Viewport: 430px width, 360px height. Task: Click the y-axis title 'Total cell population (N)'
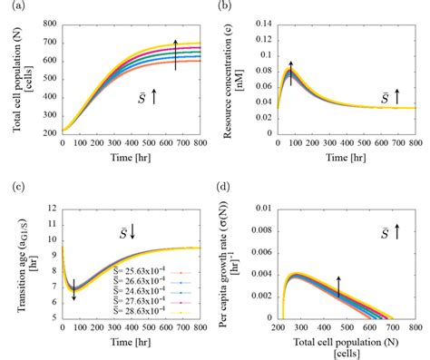[20, 79]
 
